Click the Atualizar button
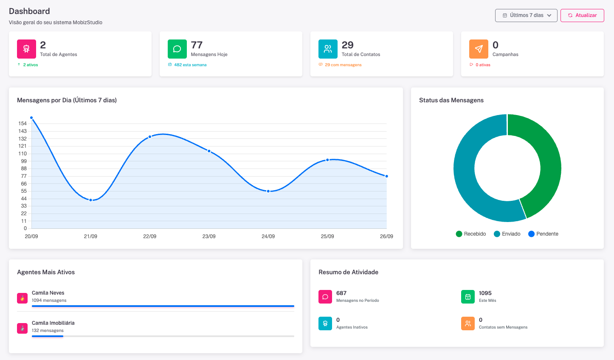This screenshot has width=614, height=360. [x=582, y=15]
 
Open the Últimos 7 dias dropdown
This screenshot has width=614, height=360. [x=526, y=15]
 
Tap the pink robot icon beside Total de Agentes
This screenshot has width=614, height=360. [x=26, y=49]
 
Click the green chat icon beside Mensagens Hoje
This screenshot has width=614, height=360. [x=177, y=49]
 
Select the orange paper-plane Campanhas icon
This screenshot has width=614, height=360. [x=479, y=49]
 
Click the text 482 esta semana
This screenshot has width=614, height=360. [x=190, y=65]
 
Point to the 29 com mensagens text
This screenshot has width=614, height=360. [x=343, y=65]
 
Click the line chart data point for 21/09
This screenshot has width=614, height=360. [x=90, y=200]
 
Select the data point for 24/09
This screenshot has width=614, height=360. [x=268, y=191]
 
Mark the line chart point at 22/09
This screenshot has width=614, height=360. [x=150, y=137]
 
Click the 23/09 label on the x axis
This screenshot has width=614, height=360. [x=209, y=236]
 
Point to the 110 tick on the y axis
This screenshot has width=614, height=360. [x=23, y=154]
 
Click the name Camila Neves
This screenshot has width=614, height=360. [x=48, y=293]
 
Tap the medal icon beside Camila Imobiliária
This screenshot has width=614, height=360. [x=23, y=328]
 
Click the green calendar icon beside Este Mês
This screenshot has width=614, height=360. [x=468, y=297]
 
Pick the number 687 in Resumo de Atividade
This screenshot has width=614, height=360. [x=341, y=293]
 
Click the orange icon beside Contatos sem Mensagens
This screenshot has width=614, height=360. [x=468, y=323]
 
